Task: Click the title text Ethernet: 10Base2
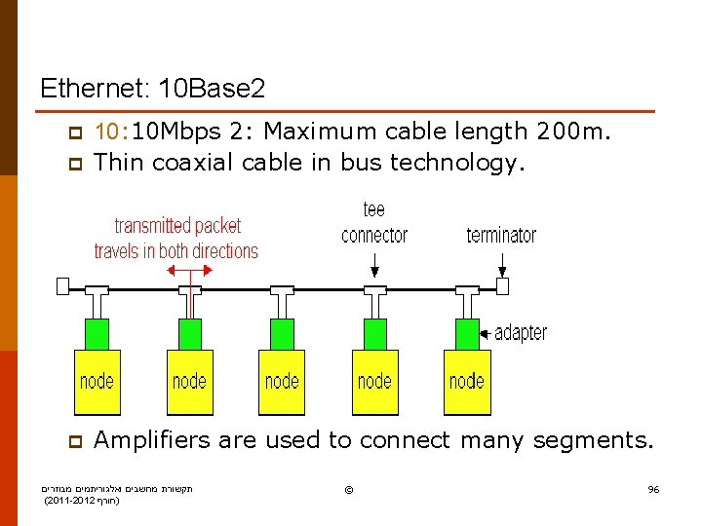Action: [152, 90]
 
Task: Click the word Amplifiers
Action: [152, 440]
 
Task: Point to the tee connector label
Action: [374, 224]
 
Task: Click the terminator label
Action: [501, 235]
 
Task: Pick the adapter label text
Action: [521, 333]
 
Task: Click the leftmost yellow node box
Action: [97, 382]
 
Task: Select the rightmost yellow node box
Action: [467, 382]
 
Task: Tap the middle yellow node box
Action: [282, 382]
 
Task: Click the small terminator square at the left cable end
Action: [62, 286]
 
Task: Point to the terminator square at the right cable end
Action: [503, 286]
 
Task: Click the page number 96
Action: [653, 489]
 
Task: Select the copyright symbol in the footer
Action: [349, 488]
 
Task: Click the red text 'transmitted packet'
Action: [177, 226]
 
